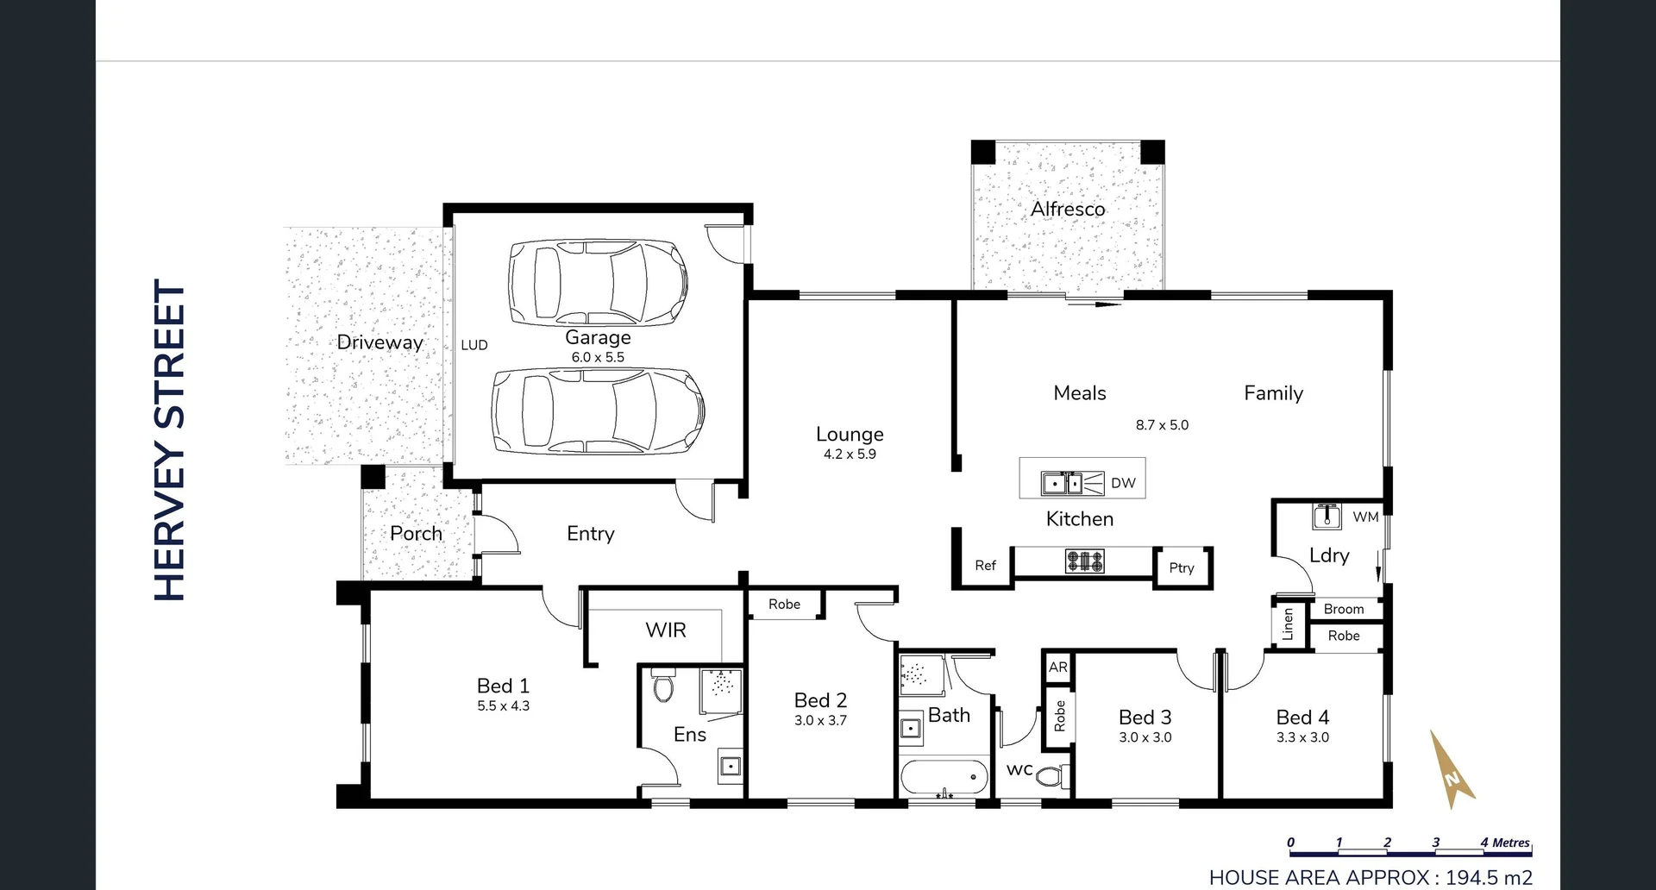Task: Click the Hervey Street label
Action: (170, 440)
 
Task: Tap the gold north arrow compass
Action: (1452, 769)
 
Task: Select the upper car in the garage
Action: (598, 282)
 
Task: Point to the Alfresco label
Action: (1068, 209)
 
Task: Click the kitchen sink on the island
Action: (1062, 483)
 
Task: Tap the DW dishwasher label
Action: (1123, 483)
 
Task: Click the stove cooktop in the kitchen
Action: (1084, 561)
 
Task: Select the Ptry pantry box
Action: (1182, 567)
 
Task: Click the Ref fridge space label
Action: (985, 566)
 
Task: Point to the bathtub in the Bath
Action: (944, 777)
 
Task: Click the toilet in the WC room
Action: (1049, 776)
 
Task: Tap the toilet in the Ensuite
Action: (663, 687)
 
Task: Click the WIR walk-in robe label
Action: (666, 630)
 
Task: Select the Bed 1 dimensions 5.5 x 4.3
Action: (503, 706)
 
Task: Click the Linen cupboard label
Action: (1288, 624)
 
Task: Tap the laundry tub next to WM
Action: (1327, 517)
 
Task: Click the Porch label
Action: (416, 534)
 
